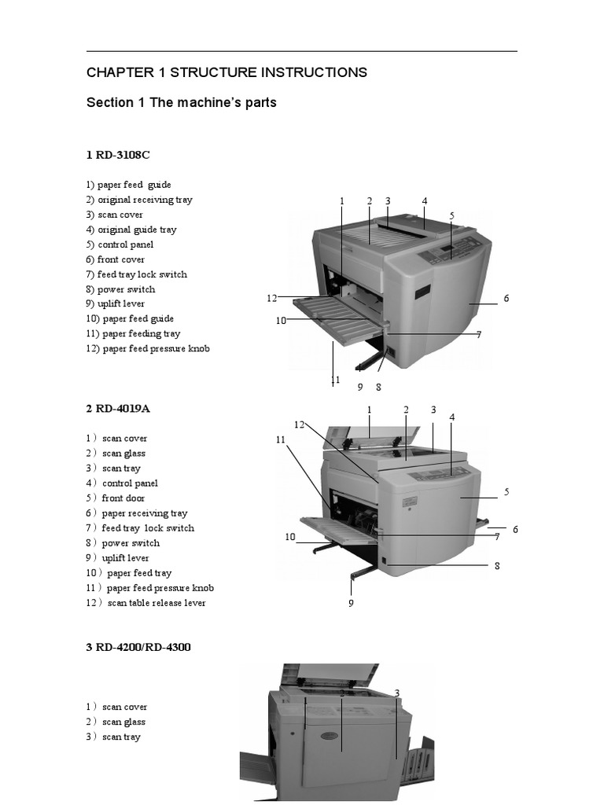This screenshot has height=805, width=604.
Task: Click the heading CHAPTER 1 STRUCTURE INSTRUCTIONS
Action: coord(226,73)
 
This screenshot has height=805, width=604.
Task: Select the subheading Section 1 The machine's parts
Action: coord(181,103)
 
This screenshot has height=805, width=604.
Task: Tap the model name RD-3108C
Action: coord(117,155)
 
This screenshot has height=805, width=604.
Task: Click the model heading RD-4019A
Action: coord(117,409)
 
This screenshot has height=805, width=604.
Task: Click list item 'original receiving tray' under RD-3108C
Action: coord(139,200)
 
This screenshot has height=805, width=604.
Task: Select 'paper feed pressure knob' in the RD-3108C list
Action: coord(148,348)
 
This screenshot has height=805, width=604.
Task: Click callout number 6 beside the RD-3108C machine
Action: coord(506,299)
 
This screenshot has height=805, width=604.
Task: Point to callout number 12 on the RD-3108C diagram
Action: coord(272,298)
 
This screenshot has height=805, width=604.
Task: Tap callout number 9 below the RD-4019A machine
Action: coord(352,603)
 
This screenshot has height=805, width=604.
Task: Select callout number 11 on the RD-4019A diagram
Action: coord(281,440)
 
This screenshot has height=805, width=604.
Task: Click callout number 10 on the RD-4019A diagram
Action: coord(290,537)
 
